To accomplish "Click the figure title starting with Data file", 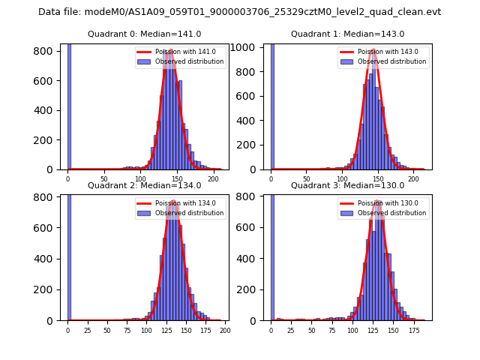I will click(x=239, y=12).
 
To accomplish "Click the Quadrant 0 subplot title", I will click(x=144, y=34).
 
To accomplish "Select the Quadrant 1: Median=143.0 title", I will click(x=347, y=34).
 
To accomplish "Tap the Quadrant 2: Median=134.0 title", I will click(x=144, y=185).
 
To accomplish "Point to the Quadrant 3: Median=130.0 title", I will click(x=347, y=185).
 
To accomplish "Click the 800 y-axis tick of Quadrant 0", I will click(x=47, y=51).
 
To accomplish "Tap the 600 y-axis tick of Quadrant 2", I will click(x=47, y=228).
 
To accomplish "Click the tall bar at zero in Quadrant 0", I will click(x=69, y=105).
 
